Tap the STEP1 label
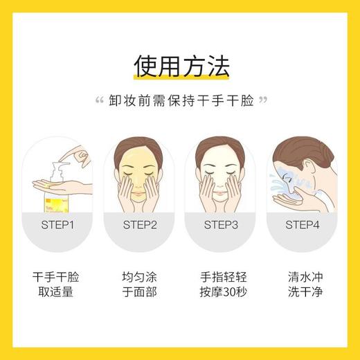tap(58, 224)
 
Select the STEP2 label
tap(140, 224)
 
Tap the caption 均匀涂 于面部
tap(140, 284)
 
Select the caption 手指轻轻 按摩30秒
tap(221, 284)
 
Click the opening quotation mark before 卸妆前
tap(98, 101)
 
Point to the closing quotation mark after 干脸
tap(262, 101)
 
